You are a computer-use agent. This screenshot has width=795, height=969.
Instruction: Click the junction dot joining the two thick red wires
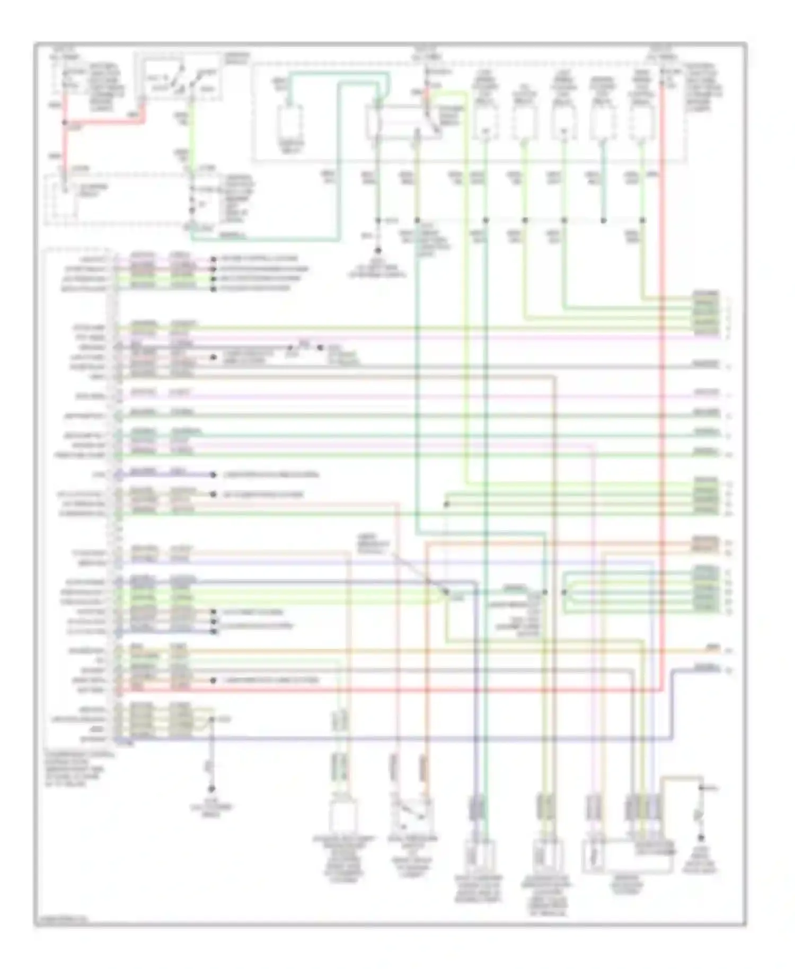pos(65,122)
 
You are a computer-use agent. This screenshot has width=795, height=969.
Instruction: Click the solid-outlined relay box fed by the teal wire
pos(291,123)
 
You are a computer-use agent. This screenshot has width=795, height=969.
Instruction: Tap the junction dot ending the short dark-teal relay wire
pos(603,220)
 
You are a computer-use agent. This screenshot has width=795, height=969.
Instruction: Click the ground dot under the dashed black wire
pos(378,251)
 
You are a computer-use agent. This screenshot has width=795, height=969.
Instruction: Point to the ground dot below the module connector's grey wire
pos(211,789)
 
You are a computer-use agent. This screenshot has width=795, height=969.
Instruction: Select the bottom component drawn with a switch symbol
pos(412,817)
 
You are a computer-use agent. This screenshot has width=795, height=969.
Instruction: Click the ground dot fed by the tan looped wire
pos(701,838)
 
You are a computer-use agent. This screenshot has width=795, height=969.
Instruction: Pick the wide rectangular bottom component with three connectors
pos(628,856)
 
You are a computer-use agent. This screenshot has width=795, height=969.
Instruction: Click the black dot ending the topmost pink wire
pos(213,259)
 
